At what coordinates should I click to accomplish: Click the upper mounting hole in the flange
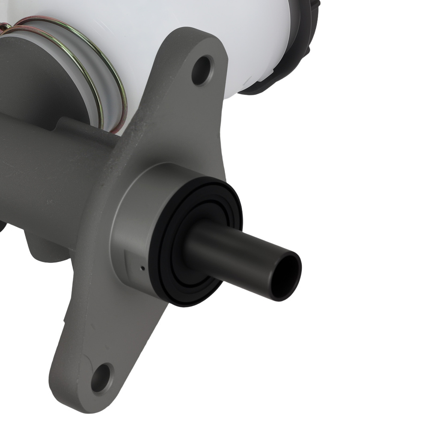pyautogui.click(x=202, y=69)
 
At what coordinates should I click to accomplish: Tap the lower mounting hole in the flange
pyautogui.click(x=102, y=377)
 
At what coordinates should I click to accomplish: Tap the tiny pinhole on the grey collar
pyautogui.click(x=143, y=268)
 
